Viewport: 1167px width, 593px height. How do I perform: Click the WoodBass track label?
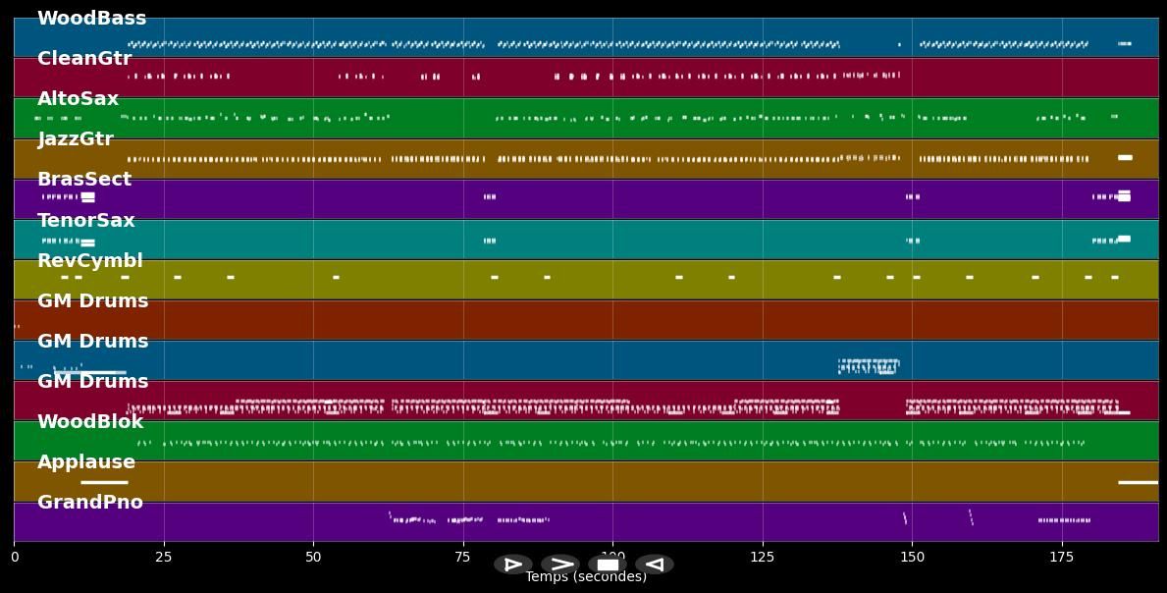(x=91, y=19)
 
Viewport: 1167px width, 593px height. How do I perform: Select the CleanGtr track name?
(x=84, y=59)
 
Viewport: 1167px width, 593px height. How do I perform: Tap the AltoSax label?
(x=78, y=99)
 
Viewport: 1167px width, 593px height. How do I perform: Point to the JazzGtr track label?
(x=76, y=139)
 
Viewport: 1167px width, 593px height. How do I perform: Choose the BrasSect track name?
(x=84, y=180)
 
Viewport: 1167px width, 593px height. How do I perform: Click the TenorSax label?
(x=86, y=221)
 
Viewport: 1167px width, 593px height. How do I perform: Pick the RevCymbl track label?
(x=90, y=261)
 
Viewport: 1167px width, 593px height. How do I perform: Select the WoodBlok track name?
(x=90, y=422)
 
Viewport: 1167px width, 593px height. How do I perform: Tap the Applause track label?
(x=86, y=462)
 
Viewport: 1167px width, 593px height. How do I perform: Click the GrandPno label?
(x=90, y=503)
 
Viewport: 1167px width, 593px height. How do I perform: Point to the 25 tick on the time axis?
(x=164, y=558)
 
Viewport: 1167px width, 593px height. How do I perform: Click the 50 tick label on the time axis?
(x=313, y=558)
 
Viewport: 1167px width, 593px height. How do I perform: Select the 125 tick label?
(x=763, y=558)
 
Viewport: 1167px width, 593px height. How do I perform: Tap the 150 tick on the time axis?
(x=912, y=558)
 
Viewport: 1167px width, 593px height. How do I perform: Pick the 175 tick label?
(x=1062, y=558)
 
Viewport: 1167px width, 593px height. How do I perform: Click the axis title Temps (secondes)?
(x=586, y=577)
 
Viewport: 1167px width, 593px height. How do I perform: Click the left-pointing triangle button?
(x=655, y=565)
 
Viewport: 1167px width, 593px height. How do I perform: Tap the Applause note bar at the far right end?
(x=1139, y=482)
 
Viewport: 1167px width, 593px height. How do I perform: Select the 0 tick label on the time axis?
(x=14, y=558)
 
